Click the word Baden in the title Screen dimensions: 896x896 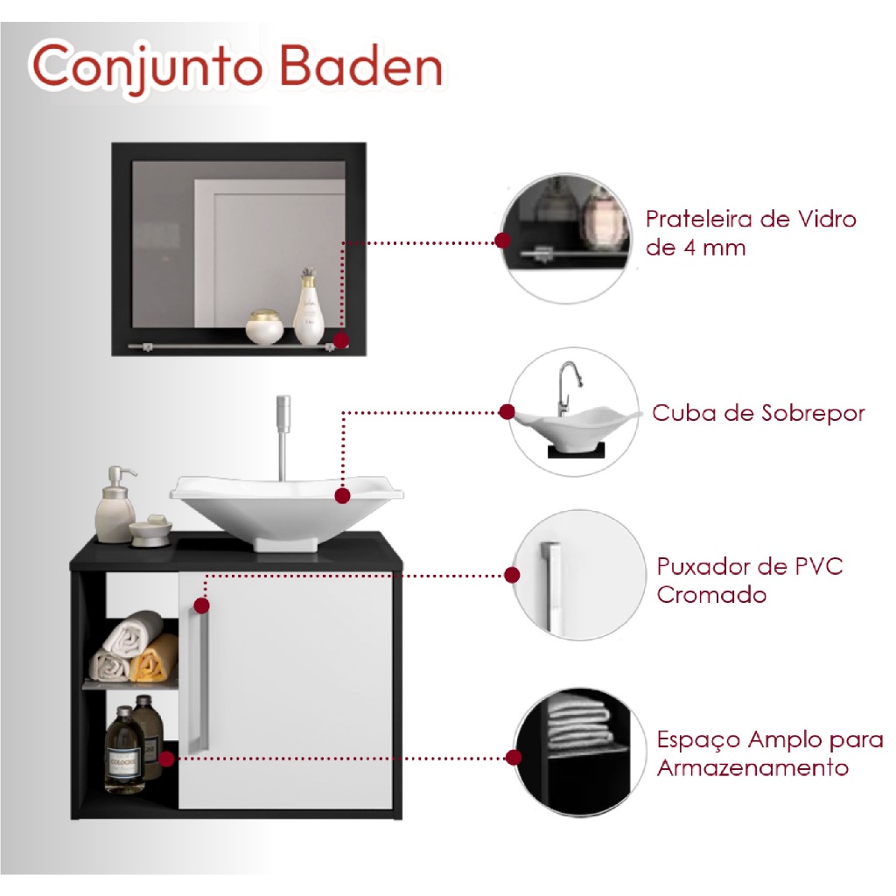tap(361, 67)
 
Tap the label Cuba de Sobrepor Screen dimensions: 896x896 tap(759, 413)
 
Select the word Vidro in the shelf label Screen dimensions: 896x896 tap(827, 219)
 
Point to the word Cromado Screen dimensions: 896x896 tap(711, 595)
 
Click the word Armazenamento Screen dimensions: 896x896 tap(752, 767)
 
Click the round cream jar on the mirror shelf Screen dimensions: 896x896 tap(264, 327)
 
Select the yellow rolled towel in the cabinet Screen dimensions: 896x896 tap(152, 659)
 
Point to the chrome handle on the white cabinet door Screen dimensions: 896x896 tap(199, 677)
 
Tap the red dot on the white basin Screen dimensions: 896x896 tap(342, 495)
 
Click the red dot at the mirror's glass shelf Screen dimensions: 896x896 tap(340, 340)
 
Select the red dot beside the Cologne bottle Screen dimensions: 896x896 tap(166, 759)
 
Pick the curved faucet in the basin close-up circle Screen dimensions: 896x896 tap(568, 388)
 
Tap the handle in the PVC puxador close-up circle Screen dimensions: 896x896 tap(549, 586)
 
